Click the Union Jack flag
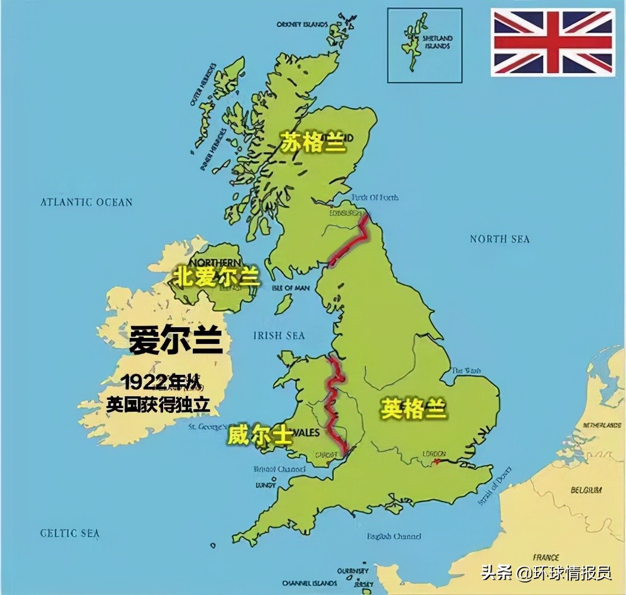[x=552, y=42]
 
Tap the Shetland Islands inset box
[x=424, y=45]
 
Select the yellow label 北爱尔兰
[x=217, y=276]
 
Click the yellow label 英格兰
[x=414, y=409]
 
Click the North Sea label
[x=499, y=239]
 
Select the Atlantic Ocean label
[x=86, y=202]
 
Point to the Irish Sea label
[x=279, y=336]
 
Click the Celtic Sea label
[x=70, y=533]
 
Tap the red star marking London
[x=438, y=461]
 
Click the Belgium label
[x=586, y=490]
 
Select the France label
[x=546, y=558]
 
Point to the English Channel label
[x=394, y=536]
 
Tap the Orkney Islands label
[x=302, y=24]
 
